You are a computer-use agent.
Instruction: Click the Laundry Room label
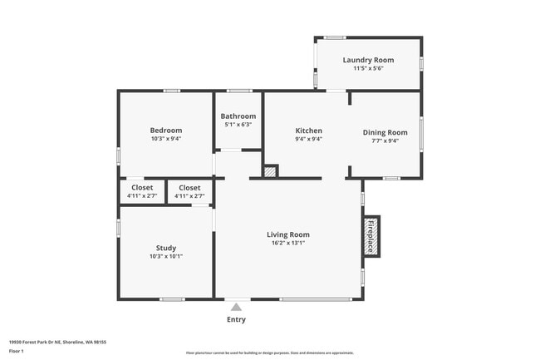(368, 60)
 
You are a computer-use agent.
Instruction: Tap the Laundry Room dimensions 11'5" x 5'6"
(368, 69)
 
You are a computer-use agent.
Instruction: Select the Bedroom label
(166, 130)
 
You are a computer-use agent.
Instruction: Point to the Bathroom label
(238, 116)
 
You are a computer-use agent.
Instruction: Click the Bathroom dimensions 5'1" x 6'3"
(238, 125)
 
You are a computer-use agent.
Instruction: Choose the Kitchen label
(308, 131)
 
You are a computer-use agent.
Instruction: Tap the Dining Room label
(385, 132)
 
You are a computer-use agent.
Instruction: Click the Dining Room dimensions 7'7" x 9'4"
(385, 141)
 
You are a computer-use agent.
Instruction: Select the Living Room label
(287, 234)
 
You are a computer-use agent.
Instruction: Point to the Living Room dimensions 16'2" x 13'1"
(287, 244)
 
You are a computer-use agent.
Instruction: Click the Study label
(166, 248)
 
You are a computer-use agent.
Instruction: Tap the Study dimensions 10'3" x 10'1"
(166, 257)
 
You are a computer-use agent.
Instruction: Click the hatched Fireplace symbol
(371, 235)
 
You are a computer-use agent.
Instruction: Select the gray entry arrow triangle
(236, 307)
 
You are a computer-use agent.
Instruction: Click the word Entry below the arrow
(236, 319)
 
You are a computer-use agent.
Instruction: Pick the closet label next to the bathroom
(189, 188)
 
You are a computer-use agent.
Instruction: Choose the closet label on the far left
(142, 188)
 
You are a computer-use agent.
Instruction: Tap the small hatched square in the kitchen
(269, 171)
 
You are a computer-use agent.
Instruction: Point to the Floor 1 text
(17, 351)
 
